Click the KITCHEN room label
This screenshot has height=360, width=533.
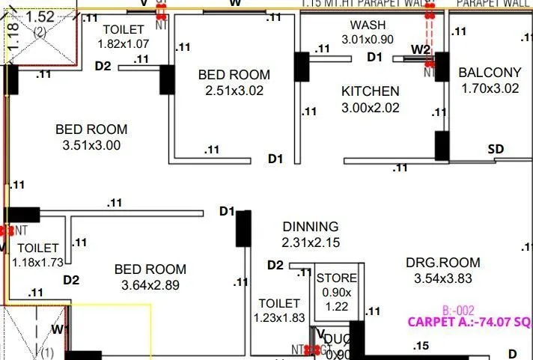[371, 91]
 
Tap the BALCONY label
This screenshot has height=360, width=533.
[490, 73]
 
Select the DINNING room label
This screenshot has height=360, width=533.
[310, 226]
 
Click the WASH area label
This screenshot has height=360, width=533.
[368, 25]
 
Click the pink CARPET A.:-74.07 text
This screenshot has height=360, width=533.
[469, 323]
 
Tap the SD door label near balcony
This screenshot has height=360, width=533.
[496, 149]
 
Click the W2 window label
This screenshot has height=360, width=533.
[421, 50]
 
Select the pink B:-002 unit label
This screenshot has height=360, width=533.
[457, 309]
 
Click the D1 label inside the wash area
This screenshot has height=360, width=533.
[374, 57]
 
